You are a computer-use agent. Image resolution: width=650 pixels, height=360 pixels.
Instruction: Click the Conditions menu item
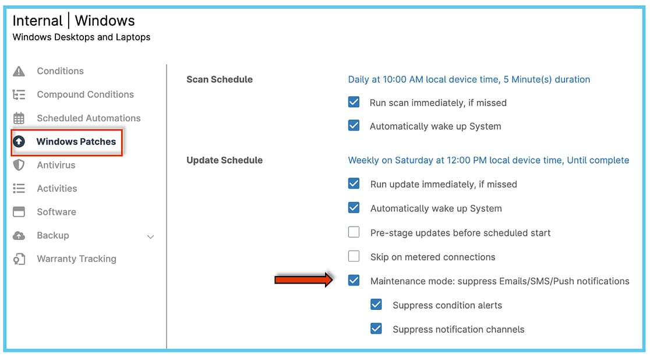tap(60, 71)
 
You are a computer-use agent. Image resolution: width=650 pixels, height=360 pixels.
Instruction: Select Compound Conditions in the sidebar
tap(85, 94)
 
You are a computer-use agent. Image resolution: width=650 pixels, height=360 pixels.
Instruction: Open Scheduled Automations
tap(89, 118)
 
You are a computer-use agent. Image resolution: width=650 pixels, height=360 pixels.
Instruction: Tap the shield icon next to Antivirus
tap(19, 165)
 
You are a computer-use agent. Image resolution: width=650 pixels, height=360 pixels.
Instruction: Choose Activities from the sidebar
tap(57, 189)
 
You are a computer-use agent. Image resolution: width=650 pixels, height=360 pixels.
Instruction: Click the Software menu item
tap(56, 212)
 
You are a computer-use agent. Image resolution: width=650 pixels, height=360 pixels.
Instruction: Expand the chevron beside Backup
tap(150, 237)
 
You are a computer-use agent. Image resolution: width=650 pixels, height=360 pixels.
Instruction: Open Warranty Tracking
tap(76, 259)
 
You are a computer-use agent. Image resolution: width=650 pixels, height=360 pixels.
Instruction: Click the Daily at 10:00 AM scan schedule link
tap(469, 80)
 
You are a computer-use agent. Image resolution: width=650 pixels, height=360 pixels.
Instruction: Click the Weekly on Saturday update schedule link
tap(488, 161)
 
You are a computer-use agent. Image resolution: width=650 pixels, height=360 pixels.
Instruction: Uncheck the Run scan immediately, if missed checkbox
tap(354, 102)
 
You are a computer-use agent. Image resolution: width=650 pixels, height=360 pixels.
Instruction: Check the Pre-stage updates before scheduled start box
tap(354, 232)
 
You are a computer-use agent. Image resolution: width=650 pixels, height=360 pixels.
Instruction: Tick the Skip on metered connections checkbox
tap(354, 256)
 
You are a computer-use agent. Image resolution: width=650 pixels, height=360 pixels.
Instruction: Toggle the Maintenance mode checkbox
tap(354, 280)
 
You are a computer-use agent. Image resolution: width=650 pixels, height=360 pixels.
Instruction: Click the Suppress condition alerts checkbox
tap(376, 305)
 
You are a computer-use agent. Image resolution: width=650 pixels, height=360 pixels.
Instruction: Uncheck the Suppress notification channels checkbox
tap(376, 329)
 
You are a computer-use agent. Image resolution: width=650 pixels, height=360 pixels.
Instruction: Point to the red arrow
tap(303, 280)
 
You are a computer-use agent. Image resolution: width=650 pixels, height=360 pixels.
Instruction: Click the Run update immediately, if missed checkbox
tap(354, 183)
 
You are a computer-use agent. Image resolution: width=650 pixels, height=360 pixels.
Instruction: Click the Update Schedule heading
tap(224, 161)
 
